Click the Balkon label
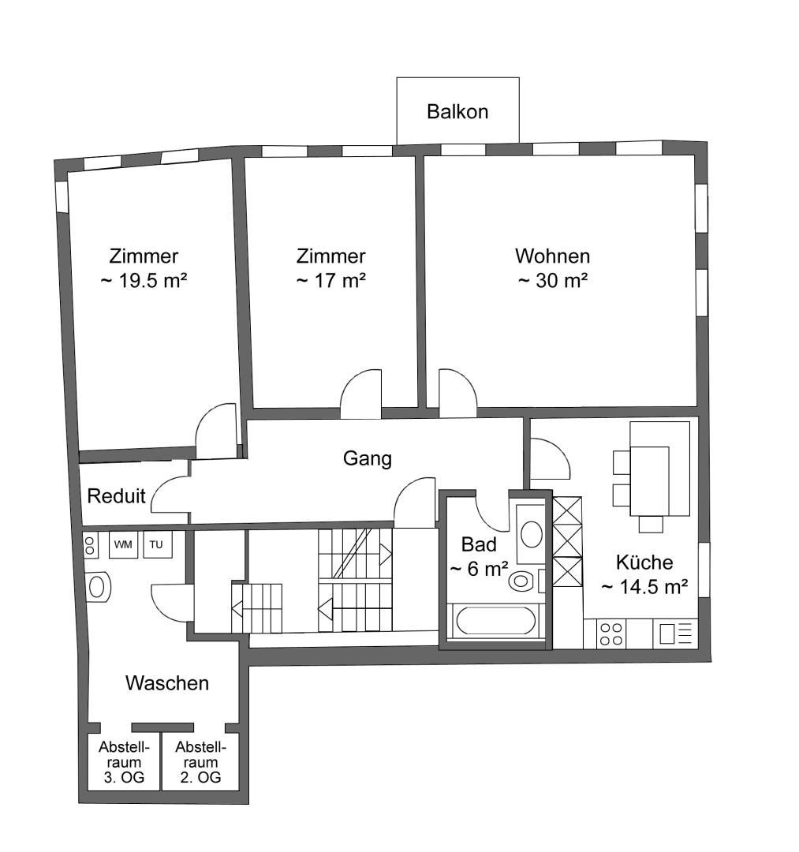pyautogui.click(x=457, y=111)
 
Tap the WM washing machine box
pyautogui.click(x=123, y=544)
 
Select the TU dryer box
pyautogui.click(x=158, y=544)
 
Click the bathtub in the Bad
pyautogui.click(x=496, y=620)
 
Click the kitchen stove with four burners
pyautogui.click(x=611, y=634)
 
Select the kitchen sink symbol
pyautogui.click(x=675, y=633)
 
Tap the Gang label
pyautogui.click(x=368, y=458)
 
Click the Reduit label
pyautogui.click(x=116, y=495)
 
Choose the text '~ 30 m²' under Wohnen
pyautogui.click(x=553, y=280)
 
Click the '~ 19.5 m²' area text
pyautogui.click(x=144, y=280)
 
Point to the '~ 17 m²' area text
pyautogui.click(x=330, y=280)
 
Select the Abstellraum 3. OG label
pyautogui.click(x=124, y=762)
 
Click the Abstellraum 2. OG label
pyautogui.click(x=200, y=762)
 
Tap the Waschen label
pyautogui.click(x=166, y=683)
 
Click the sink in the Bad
pyautogui.click(x=531, y=534)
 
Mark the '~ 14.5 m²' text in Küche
pyautogui.click(x=644, y=587)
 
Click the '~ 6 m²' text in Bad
pyautogui.click(x=479, y=569)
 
